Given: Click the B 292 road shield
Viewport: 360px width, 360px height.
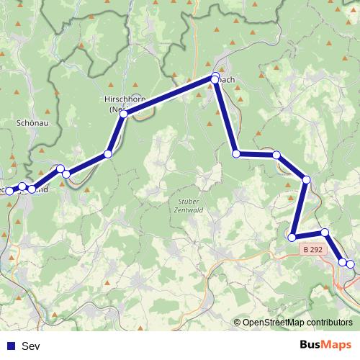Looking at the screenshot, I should pyautogui.click(x=312, y=249).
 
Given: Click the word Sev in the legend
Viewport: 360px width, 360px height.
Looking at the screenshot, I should pyautogui.click(x=31, y=346).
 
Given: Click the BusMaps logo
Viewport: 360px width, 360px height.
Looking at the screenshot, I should pyautogui.click(x=325, y=346).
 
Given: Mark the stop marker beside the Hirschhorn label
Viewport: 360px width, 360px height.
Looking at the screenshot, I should pyautogui.click(x=125, y=114).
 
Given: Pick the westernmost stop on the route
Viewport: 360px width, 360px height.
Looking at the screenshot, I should pyautogui.click(x=9, y=189).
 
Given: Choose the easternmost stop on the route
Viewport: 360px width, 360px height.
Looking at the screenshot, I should pyautogui.click(x=351, y=264).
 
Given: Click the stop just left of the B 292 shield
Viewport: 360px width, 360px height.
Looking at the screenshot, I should pyautogui.click(x=292, y=237).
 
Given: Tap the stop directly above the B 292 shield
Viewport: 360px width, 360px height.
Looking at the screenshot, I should pyautogui.click(x=325, y=232).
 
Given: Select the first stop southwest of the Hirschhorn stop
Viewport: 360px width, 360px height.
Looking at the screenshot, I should pyautogui.click(x=108, y=153).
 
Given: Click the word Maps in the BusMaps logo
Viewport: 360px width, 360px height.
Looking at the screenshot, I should pyautogui.click(x=337, y=346).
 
